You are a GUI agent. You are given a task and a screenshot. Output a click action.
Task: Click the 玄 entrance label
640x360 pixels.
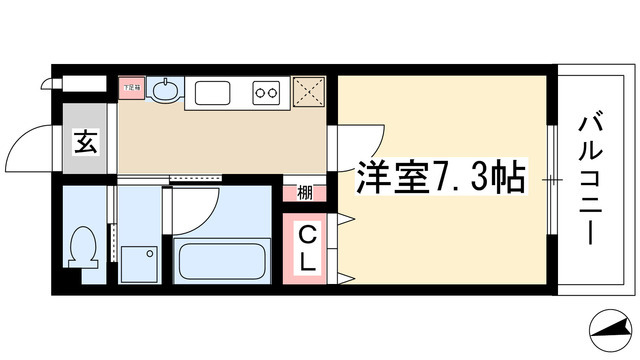(85, 142)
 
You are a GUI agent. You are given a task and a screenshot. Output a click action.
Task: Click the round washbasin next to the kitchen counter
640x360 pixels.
(166, 93)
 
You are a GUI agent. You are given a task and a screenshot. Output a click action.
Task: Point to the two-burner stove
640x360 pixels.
(268, 95)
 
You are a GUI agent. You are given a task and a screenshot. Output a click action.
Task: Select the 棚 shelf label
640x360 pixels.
(302, 193)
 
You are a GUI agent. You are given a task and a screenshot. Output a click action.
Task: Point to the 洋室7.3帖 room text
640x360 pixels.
(438, 178)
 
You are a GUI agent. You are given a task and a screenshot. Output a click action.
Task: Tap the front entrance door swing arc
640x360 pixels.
(28, 150)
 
